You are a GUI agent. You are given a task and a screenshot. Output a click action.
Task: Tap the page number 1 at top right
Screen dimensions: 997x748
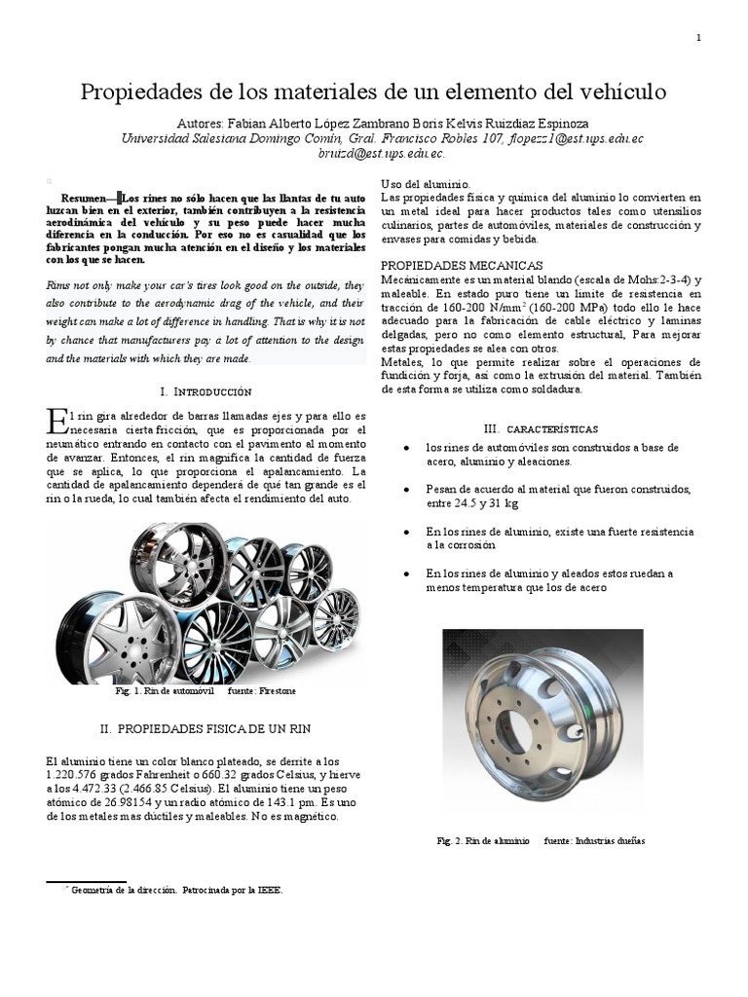click(x=699, y=37)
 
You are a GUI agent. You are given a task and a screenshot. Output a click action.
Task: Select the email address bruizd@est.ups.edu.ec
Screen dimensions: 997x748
click(x=374, y=153)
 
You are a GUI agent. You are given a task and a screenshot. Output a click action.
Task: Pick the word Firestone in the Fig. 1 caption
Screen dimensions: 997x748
click(x=276, y=690)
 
